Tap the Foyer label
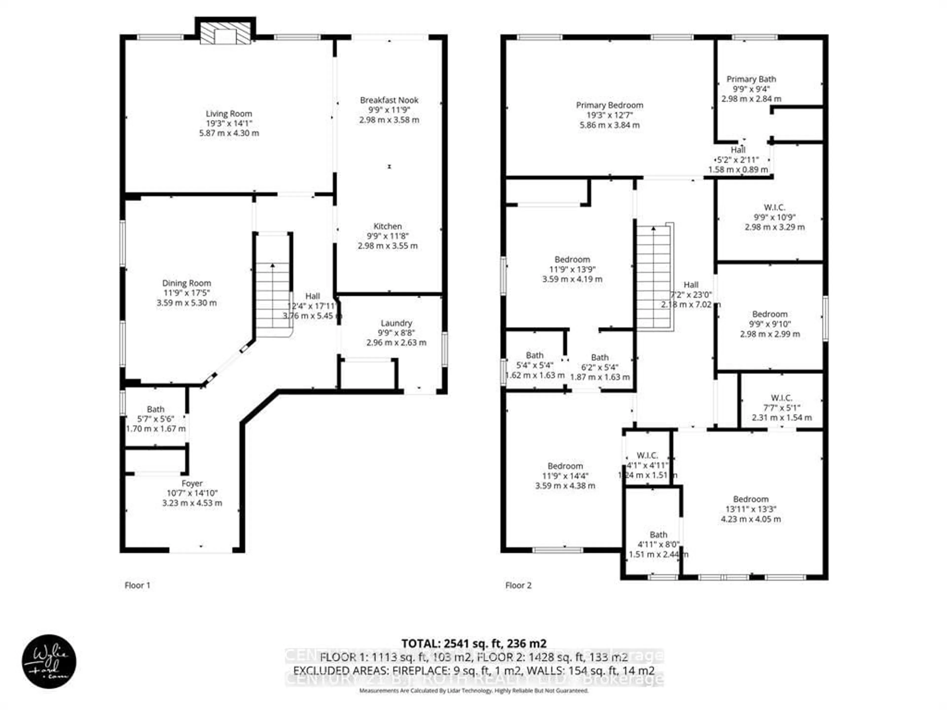(x=192, y=483)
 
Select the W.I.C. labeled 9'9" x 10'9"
(x=774, y=217)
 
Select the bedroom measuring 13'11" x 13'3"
(x=750, y=509)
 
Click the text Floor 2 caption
(x=518, y=585)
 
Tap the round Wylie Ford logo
(x=49, y=661)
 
